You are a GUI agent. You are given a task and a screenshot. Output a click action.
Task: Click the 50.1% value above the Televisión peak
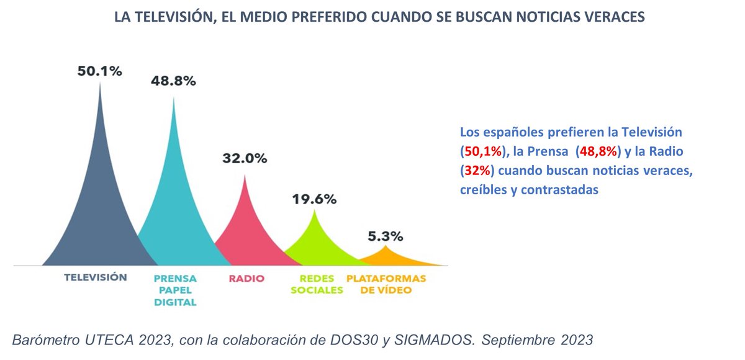(99, 71)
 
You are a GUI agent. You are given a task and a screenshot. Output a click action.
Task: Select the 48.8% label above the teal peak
(173, 81)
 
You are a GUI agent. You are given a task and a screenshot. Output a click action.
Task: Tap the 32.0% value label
(245, 158)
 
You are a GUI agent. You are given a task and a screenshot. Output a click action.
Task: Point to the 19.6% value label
(314, 199)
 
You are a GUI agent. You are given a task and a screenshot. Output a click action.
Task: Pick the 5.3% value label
(384, 236)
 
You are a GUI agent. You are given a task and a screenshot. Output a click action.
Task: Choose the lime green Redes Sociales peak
(315, 245)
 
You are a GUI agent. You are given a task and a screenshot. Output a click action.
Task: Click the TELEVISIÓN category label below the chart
(96, 277)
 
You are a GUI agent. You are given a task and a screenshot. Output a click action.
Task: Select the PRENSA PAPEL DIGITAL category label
(174, 290)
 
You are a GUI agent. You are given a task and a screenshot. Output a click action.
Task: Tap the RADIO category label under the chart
(246, 278)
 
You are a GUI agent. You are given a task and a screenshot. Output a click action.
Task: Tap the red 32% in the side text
(476, 171)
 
